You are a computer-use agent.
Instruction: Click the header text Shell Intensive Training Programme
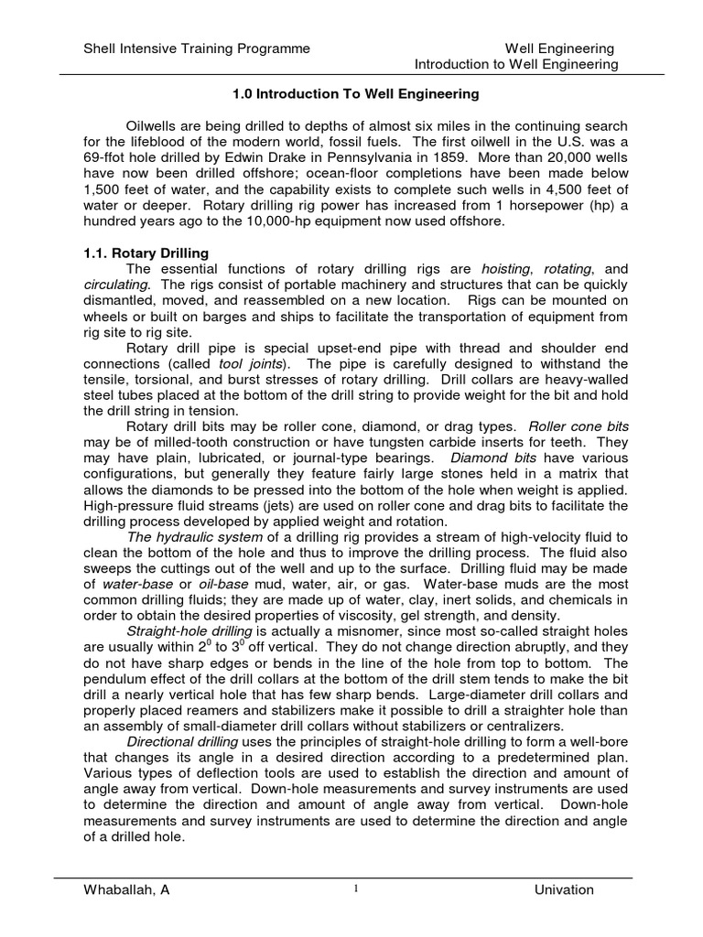196,48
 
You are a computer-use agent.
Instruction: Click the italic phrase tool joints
250,363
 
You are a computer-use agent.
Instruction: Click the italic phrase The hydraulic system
189,537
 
